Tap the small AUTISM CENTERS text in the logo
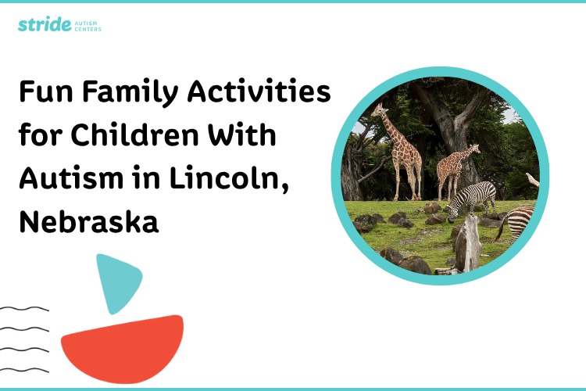coord(87,26)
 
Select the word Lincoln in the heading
coord(227,179)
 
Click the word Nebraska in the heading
coord(88,221)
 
